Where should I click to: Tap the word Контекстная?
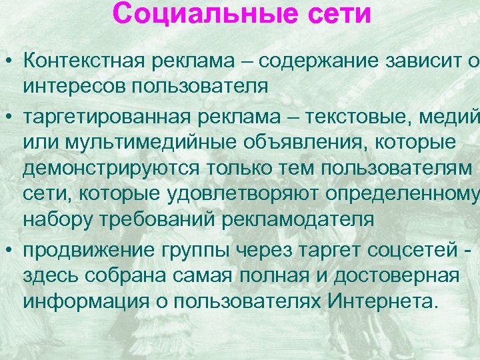[84, 61]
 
